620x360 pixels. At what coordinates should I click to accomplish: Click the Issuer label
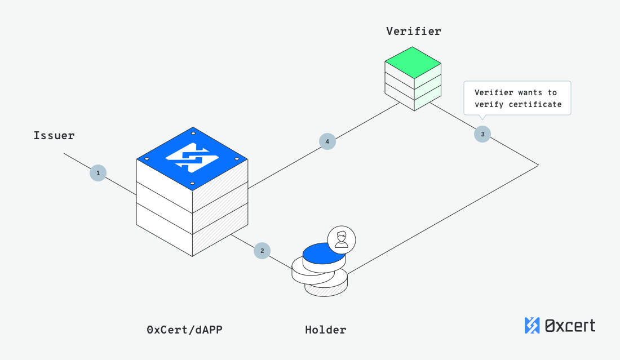(x=54, y=135)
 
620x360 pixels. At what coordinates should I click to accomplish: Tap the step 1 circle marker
(x=98, y=173)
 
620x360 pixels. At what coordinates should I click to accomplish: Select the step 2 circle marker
(x=262, y=251)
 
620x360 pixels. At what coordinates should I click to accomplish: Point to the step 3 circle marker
(x=482, y=134)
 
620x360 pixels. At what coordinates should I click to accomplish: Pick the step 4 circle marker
(x=327, y=141)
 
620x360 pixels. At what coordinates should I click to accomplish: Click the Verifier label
(x=413, y=31)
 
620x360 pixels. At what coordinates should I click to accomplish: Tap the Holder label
(x=325, y=330)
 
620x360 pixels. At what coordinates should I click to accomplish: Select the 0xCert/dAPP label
(x=184, y=330)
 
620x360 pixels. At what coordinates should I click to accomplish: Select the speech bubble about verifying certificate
(x=517, y=99)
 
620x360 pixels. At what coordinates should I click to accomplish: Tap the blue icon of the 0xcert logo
(x=532, y=325)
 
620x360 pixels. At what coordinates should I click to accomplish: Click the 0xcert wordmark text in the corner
(x=570, y=325)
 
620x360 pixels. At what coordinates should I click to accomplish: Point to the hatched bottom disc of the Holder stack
(x=326, y=289)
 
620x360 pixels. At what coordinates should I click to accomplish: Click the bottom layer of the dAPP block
(x=192, y=237)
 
